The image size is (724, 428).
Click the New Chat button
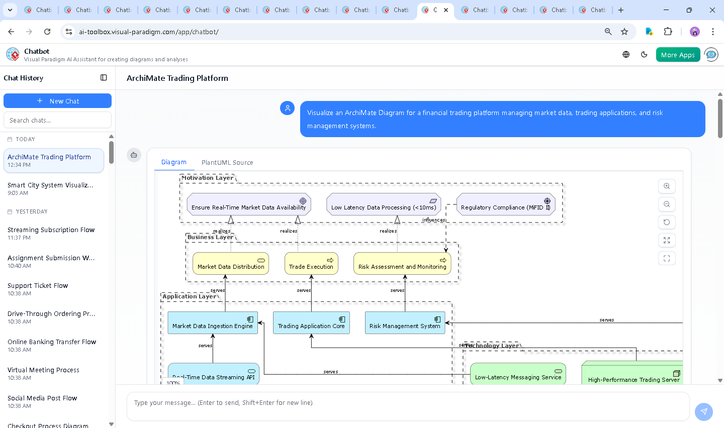point(57,101)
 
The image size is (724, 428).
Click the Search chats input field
point(57,120)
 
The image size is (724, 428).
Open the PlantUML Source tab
point(227,162)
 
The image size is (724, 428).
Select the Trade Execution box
point(311,264)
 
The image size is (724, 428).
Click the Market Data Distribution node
point(231,264)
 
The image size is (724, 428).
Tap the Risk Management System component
point(405,323)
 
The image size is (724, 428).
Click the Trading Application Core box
point(311,323)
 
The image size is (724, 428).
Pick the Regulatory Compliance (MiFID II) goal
point(505,204)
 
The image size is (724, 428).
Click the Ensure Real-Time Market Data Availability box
point(248,204)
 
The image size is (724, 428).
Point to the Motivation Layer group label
point(207,178)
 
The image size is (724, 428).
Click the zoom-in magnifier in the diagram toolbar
point(667,186)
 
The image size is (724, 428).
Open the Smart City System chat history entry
point(50,188)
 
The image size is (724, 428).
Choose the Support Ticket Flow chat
point(38,289)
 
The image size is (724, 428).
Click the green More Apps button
point(678,55)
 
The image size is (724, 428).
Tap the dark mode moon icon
point(644,55)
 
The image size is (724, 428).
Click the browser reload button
point(47,32)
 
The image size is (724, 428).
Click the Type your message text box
point(407,403)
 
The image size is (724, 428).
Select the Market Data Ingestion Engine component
point(213,323)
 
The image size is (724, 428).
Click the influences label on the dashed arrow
point(433,220)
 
